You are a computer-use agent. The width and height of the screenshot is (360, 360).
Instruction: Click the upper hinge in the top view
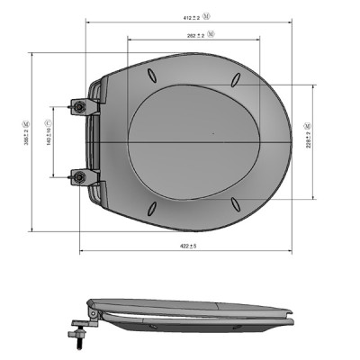pos(85,107)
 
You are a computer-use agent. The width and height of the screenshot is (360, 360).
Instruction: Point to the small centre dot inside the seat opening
pos(213,136)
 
